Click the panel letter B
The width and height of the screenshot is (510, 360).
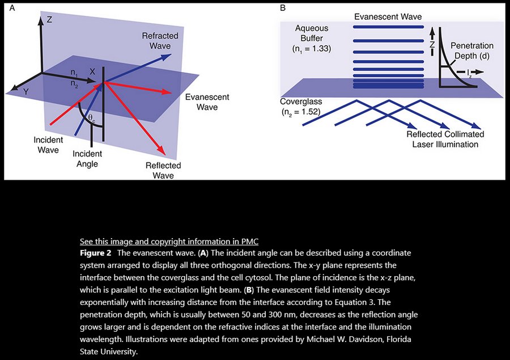coord(283,8)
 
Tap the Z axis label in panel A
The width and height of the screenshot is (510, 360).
coord(49,19)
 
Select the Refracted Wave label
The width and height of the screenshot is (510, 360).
coord(160,40)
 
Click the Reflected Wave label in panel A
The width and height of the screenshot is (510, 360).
coord(163,170)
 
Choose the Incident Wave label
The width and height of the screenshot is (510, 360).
coord(48,145)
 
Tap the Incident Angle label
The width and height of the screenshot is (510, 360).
coord(87,159)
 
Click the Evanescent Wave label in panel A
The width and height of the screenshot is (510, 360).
coord(207,102)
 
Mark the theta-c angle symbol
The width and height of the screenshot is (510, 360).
coord(92,118)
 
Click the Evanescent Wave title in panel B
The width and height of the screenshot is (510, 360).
coord(388,16)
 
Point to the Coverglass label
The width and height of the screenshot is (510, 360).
coord(301,101)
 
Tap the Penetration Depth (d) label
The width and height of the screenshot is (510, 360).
coord(472,50)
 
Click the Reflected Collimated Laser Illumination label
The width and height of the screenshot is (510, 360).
coord(445,139)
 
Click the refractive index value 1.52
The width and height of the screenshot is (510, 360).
coord(309,112)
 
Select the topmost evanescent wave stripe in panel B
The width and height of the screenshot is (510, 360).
coord(388,27)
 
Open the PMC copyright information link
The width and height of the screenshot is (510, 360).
coord(169,240)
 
